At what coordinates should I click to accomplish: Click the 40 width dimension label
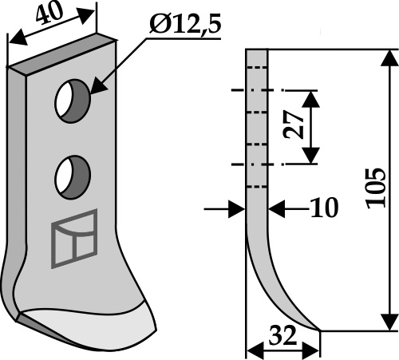49,13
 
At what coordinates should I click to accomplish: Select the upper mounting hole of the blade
73,101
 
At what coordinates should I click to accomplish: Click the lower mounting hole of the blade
73,177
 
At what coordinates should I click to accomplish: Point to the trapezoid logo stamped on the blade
74,239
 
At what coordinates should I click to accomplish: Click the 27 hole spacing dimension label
294,125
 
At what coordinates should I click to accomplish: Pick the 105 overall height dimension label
376,188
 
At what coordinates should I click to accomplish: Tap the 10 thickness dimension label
325,208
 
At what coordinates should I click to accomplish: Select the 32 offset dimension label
282,335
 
